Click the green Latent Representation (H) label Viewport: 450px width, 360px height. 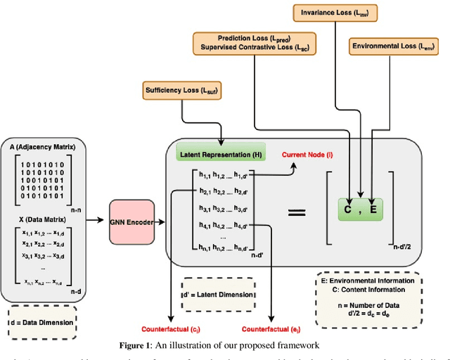click(219, 154)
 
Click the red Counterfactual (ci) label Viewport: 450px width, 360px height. click(170, 329)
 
